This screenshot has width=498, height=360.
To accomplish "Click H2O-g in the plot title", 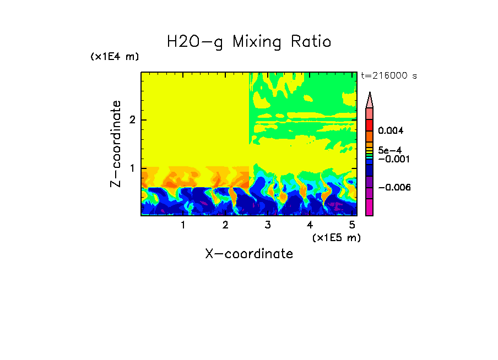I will (195, 42).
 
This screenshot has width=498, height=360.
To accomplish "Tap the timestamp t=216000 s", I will (388, 75).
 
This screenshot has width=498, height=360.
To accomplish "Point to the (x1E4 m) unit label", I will (115, 57).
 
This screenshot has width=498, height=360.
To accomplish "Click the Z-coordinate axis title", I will (116, 144).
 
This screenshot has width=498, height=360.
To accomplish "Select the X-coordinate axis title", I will (249, 254).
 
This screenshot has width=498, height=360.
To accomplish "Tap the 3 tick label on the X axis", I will (268, 225).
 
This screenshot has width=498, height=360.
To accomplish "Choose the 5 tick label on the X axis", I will (352, 225).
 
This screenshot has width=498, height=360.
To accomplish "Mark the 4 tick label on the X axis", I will (310, 225).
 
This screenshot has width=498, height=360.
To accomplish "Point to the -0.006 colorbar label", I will (394, 188).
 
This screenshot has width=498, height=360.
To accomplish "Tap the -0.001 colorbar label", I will (394, 159).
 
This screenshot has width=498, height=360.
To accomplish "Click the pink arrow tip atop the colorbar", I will (370, 100).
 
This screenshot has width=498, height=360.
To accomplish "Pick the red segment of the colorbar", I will (370, 125).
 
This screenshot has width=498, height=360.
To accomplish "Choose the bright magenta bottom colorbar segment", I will (370, 208).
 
